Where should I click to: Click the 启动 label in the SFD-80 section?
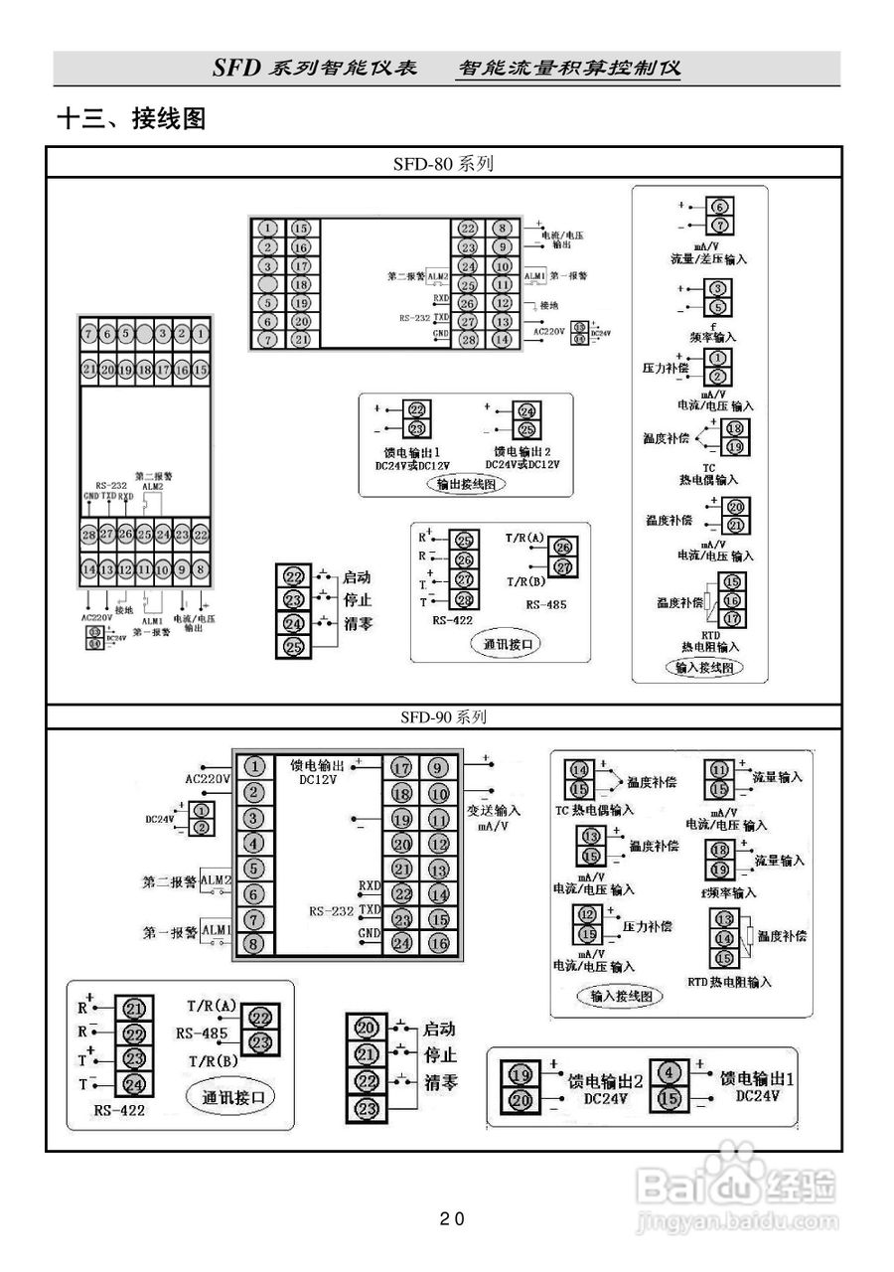click(357, 577)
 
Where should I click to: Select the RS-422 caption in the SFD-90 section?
click(119, 1110)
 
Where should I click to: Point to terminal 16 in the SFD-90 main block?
click(438, 943)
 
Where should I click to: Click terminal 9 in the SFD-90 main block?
click(438, 767)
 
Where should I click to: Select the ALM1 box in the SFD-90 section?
click(216, 930)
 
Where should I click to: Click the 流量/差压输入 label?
click(707, 258)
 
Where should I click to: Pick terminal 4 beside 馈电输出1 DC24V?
click(670, 1073)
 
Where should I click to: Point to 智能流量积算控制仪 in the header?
click(568, 69)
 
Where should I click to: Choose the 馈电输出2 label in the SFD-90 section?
click(605, 1081)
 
